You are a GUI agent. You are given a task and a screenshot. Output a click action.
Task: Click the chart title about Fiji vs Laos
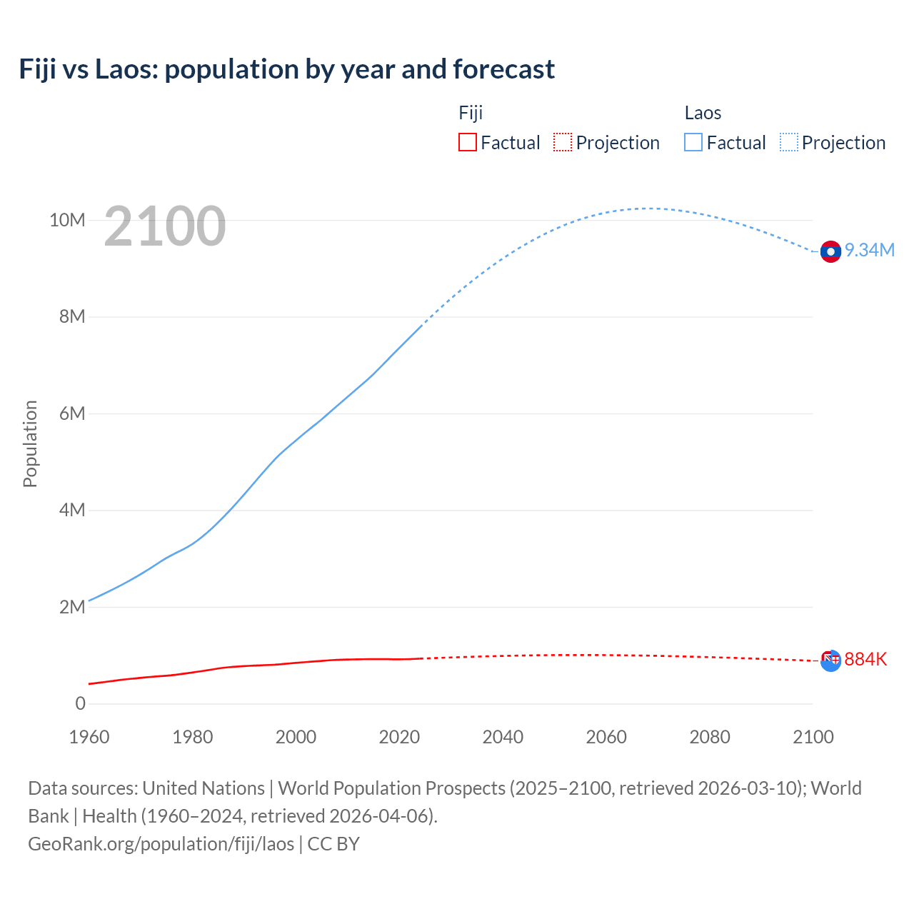click(286, 69)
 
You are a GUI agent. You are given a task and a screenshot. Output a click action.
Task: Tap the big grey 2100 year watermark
click(165, 226)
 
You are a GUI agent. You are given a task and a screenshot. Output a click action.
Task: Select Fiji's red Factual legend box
click(467, 142)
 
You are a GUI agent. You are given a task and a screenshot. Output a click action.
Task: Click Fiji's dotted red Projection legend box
click(563, 142)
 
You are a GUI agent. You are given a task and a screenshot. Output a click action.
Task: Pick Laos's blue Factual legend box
click(693, 142)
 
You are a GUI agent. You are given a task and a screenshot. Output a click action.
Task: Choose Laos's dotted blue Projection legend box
click(789, 142)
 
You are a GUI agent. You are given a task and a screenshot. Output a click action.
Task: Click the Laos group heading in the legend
click(703, 113)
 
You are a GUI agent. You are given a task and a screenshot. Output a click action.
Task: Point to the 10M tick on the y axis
click(67, 220)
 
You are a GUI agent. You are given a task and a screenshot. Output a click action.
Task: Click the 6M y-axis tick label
click(72, 413)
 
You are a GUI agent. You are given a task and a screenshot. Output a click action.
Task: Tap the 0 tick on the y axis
click(80, 703)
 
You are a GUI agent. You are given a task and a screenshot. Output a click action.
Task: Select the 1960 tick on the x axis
click(89, 737)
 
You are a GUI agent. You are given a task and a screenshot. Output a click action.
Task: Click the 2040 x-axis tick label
click(503, 737)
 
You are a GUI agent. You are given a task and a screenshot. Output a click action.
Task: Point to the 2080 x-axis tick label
click(710, 737)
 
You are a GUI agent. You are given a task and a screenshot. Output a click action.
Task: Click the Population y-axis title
click(30, 443)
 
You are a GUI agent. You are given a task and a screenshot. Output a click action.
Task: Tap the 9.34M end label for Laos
click(869, 250)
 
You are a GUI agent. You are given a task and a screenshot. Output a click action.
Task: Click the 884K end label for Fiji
click(865, 659)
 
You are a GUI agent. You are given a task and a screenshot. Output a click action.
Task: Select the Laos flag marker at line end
click(830, 251)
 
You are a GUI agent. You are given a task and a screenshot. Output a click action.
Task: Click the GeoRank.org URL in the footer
click(161, 843)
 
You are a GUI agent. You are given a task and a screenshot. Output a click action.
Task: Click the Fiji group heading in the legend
click(471, 113)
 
